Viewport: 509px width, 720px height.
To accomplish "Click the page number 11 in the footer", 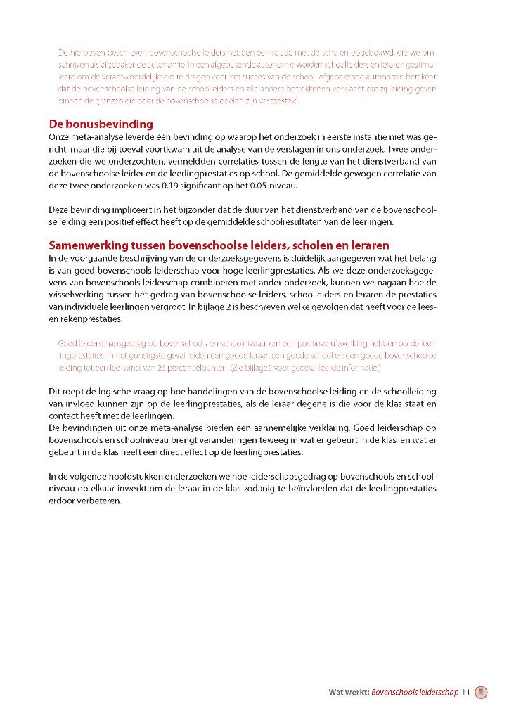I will coord(465,692).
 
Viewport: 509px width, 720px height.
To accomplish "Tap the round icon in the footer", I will coord(481,692).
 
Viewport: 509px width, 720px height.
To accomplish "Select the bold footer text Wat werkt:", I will coord(349,692).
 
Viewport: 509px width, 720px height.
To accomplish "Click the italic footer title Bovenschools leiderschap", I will coord(415,692).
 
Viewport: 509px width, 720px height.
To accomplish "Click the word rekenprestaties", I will coord(90,319).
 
